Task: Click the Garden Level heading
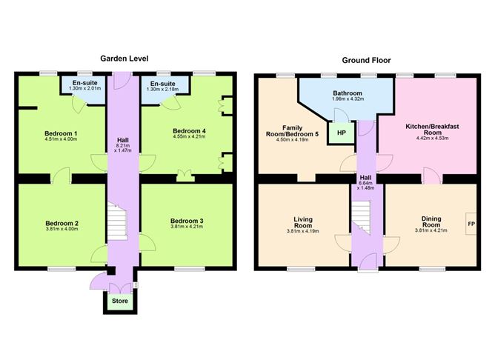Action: (124, 59)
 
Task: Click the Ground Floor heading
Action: (366, 60)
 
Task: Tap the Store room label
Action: (120, 301)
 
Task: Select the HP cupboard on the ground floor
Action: (342, 133)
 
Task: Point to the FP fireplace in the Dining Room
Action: (471, 224)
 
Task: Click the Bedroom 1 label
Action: (61, 133)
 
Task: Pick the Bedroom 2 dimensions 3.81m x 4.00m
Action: (62, 229)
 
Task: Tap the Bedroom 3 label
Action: (187, 221)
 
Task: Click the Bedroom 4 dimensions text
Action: (189, 136)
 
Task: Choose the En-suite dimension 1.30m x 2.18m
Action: (162, 90)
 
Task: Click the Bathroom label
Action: (348, 93)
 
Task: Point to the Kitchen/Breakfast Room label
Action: (432, 130)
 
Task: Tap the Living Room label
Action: (303, 222)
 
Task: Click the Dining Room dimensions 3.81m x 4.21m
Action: (431, 230)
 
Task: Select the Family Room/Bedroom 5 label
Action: (292, 131)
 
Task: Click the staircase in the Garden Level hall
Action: (117, 221)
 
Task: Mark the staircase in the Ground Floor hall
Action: (361, 217)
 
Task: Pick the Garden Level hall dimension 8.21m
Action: (123, 146)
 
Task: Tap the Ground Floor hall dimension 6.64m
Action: (365, 183)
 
